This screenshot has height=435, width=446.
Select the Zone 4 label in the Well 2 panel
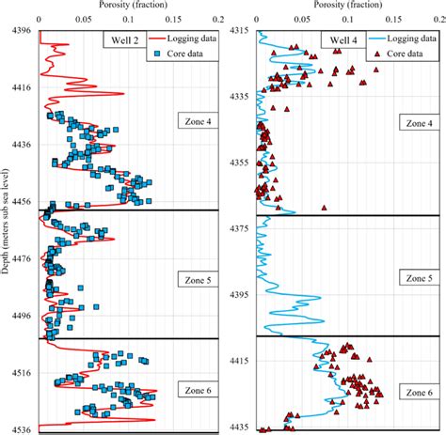point(196,120)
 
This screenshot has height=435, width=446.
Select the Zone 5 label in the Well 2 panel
point(196,278)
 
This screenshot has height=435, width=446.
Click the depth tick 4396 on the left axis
point(20,31)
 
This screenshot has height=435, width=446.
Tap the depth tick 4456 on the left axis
point(20,202)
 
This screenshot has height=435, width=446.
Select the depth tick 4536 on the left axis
point(20,429)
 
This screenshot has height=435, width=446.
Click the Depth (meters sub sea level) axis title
point(7,230)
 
